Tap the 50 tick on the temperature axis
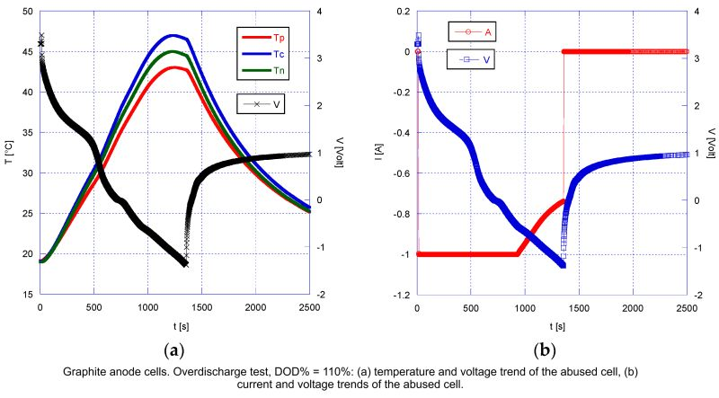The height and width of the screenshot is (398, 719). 28,12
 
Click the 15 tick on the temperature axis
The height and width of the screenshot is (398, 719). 28,295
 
